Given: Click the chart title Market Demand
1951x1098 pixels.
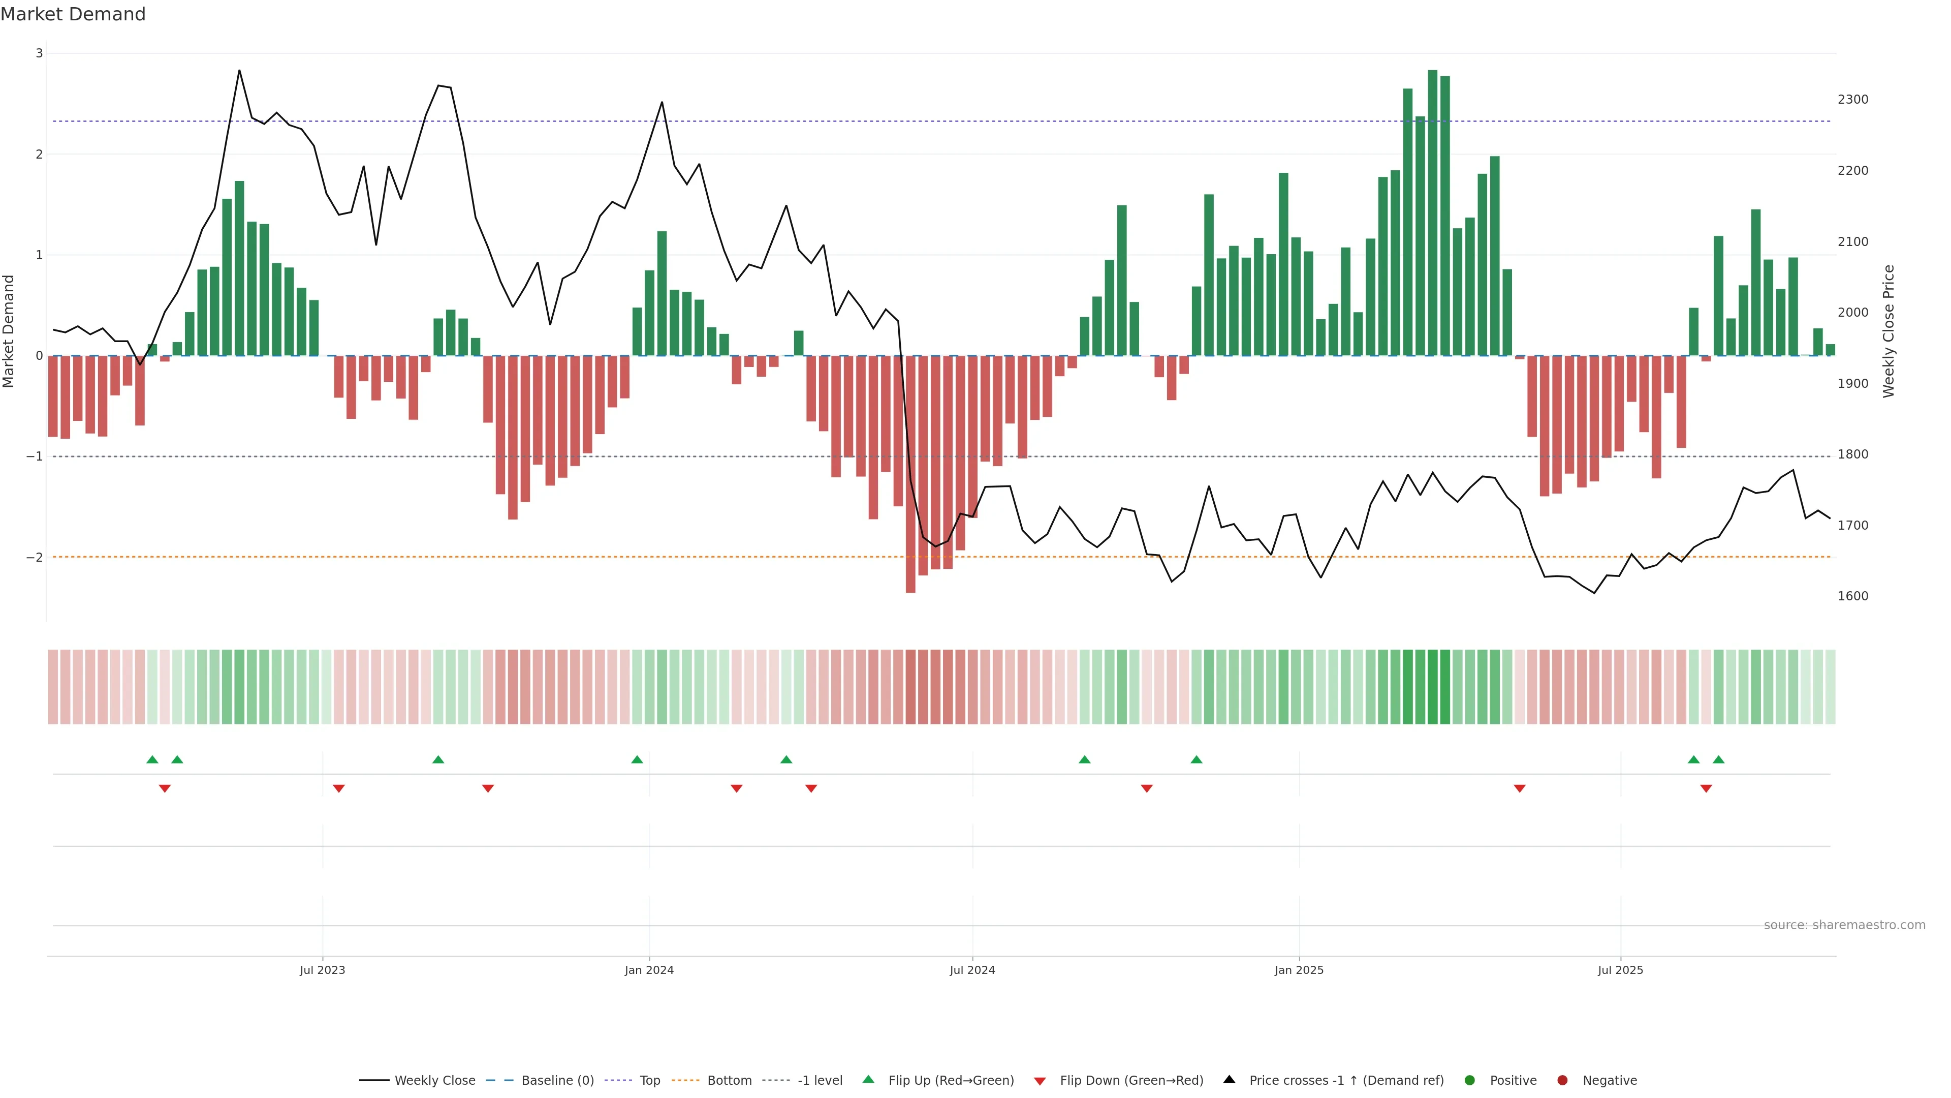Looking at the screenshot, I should point(73,14).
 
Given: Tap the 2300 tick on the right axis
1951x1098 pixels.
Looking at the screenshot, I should point(1852,99).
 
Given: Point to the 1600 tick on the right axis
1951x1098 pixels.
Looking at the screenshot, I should point(1852,596).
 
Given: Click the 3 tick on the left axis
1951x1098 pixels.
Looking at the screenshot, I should point(40,53).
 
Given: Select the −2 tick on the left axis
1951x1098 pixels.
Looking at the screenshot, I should point(35,558).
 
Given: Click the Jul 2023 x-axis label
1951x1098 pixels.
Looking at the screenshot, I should point(322,970).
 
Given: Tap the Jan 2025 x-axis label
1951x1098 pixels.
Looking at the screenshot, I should point(1299,970).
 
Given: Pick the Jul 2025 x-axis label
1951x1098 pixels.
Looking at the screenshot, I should point(1620,970).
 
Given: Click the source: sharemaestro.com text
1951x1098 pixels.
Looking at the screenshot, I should point(1844,925).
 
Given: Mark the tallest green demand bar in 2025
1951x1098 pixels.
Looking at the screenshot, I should point(1432,212).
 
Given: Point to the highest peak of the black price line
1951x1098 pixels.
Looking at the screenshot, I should point(239,71).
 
